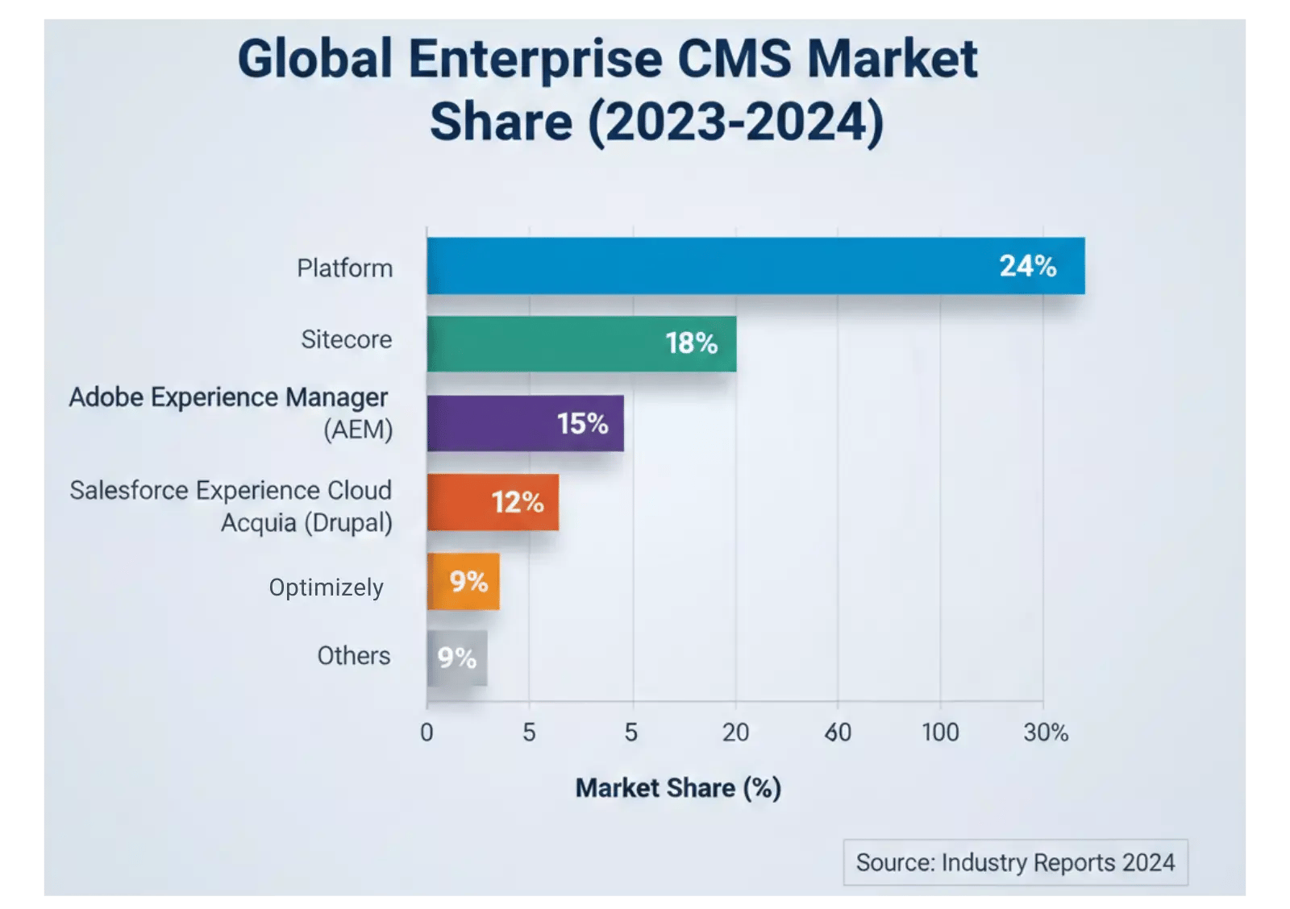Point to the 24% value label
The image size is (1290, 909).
(x=1027, y=266)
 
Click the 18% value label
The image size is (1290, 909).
(x=691, y=344)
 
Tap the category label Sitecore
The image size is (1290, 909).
(x=346, y=339)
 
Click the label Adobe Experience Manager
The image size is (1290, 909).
(x=228, y=397)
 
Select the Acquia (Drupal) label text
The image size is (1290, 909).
(x=306, y=523)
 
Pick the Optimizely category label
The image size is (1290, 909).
(x=326, y=587)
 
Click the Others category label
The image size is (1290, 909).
(x=353, y=656)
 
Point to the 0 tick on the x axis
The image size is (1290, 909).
(x=427, y=733)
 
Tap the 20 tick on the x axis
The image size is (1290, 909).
(x=735, y=733)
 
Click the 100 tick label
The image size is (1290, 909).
(x=940, y=733)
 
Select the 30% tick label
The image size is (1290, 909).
(x=1046, y=733)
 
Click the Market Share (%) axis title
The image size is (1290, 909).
(x=678, y=788)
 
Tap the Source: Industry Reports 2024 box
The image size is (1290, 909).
(x=1015, y=862)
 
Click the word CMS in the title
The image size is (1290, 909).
(x=734, y=59)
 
